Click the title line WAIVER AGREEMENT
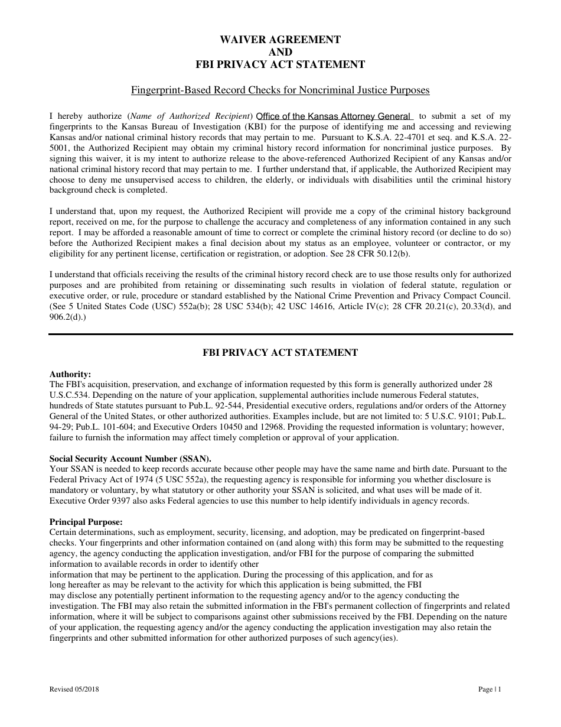(280, 40)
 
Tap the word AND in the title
(280, 52)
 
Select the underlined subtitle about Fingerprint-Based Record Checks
(280, 90)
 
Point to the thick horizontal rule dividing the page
(280, 335)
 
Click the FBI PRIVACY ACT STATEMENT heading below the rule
(280, 353)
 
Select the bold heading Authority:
(70, 374)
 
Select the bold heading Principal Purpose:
(86, 522)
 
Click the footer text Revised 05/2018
(74, 689)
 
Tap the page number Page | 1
(490, 689)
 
